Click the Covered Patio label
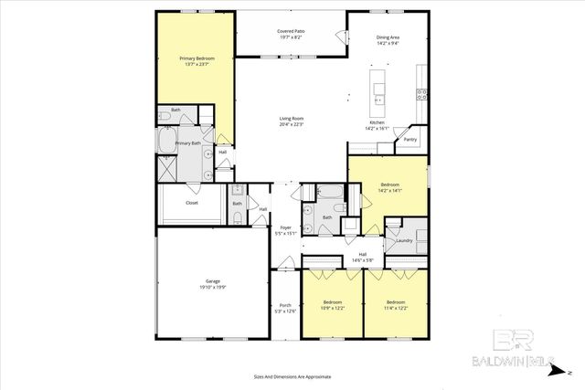click(x=291, y=31)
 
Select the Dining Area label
click(x=388, y=37)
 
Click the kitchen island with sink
click(x=378, y=87)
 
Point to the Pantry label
click(x=410, y=140)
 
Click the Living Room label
click(x=291, y=119)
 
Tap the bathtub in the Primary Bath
click(x=167, y=140)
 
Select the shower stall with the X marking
click(x=168, y=168)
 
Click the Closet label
click(x=192, y=203)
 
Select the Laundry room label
click(x=403, y=241)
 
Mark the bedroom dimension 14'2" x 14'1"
click(x=388, y=191)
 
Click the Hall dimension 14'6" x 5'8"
click(x=363, y=260)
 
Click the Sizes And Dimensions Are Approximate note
click(x=292, y=376)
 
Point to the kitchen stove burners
click(x=422, y=91)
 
